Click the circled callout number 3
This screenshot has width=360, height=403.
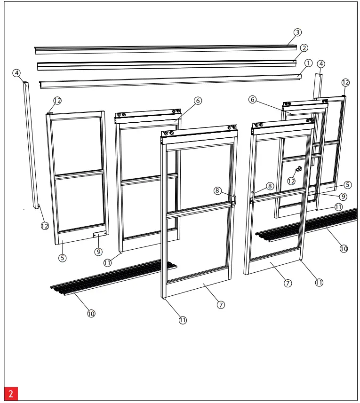click(x=297, y=32)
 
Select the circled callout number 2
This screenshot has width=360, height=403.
click(x=304, y=48)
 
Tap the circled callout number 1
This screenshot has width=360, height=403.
click(x=309, y=63)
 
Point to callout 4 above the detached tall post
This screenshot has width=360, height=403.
click(x=17, y=73)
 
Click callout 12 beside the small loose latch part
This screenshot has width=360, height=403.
click(x=292, y=181)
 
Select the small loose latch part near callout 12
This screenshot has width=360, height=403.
click(x=298, y=169)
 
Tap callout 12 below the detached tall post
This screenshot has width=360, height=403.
click(x=45, y=226)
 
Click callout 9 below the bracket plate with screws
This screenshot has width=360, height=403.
click(x=98, y=252)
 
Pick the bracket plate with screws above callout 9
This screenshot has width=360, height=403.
click(x=100, y=234)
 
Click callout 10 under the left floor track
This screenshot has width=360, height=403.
click(x=91, y=313)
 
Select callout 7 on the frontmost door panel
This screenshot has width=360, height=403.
click(x=221, y=304)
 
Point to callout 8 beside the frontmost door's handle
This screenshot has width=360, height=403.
click(x=217, y=190)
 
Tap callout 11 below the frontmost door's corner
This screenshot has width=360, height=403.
click(x=183, y=320)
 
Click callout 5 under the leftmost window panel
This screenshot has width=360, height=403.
click(x=63, y=258)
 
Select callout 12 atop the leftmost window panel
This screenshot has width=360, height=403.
click(x=57, y=101)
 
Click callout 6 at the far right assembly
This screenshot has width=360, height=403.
click(x=253, y=100)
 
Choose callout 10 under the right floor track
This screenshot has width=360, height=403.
click(x=344, y=249)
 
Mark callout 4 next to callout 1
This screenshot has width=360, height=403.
click(x=321, y=63)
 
